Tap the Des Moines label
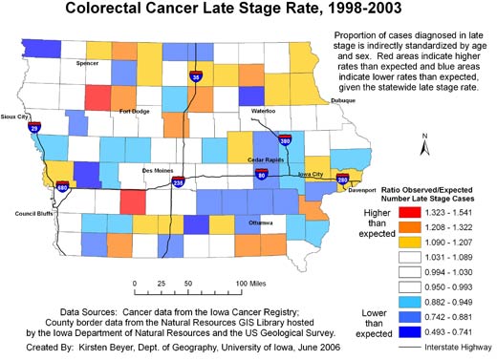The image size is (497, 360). [x=158, y=170]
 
